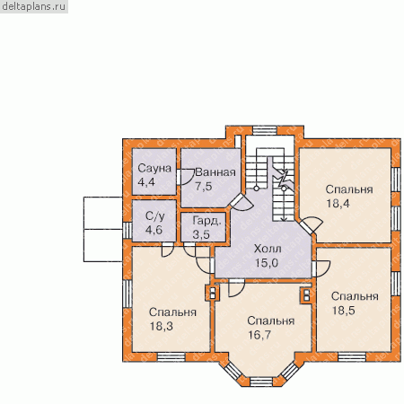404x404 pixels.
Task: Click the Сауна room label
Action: (x=154, y=169)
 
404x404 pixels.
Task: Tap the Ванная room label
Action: (x=215, y=172)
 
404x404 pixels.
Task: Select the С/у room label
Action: (x=154, y=216)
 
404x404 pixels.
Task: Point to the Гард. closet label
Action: (x=207, y=221)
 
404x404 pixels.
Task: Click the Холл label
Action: (x=268, y=249)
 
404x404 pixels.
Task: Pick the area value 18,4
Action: (x=338, y=204)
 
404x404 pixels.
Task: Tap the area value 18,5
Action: (x=344, y=311)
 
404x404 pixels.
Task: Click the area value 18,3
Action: (x=162, y=326)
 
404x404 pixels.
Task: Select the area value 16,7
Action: (x=259, y=335)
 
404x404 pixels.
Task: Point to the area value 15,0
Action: (x=267, y=263)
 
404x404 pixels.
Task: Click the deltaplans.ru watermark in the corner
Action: (x=34, y=6)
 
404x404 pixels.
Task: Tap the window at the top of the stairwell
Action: (x=264, y=130)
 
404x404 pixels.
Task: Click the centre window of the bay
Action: (x=261, y=382)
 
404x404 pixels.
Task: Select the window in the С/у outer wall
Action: (x=127, y=231)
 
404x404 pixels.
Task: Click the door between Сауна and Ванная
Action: (x=185, y=177)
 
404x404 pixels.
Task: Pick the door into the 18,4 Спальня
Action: (x=312, y=224)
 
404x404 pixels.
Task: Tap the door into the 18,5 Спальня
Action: (x=321, y=268)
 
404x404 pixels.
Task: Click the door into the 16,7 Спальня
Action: (x=236, y=288)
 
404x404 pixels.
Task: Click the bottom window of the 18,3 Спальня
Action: (x=171, y=357)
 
